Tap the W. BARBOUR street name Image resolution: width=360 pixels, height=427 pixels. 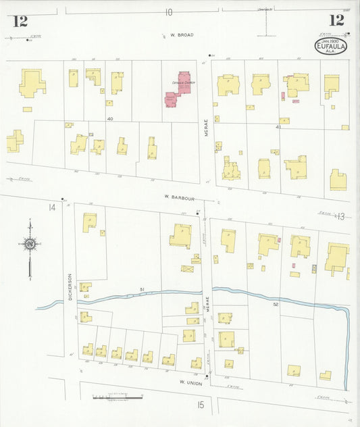pos(179,199)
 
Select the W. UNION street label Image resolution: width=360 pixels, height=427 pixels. pos(192,382)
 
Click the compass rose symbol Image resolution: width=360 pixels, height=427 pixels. pos(30,245)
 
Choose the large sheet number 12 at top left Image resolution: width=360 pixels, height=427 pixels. pos(20,21)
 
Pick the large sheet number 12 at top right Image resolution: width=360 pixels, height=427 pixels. pos(336,20)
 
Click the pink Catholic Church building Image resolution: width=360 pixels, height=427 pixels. pos(179,89)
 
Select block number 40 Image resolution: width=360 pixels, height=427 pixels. pos(109,118)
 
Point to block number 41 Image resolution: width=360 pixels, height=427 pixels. pos(278,126)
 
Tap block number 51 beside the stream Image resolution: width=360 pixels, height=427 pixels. pos(142,290)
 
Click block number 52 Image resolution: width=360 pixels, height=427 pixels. pos(276,305)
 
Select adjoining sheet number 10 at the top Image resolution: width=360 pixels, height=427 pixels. pos(168,11)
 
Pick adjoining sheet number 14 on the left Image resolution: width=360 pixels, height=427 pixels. pos(51,207)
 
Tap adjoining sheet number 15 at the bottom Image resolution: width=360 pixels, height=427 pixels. pos(201,405)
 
